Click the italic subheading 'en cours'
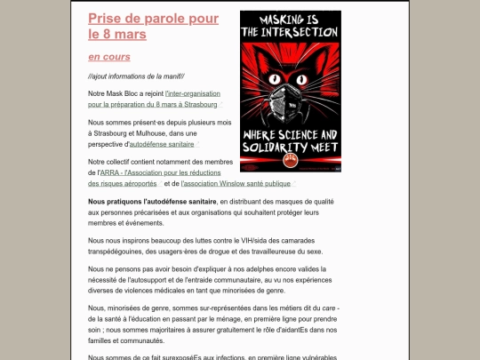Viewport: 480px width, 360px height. point(108,56)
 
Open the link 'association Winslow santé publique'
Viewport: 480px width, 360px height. point(236,183)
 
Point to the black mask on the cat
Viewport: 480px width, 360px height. point(292,101)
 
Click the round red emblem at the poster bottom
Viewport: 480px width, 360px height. point(291,162)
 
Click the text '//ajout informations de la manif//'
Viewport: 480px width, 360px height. point(137,76)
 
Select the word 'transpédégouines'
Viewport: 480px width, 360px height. point(119,251)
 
